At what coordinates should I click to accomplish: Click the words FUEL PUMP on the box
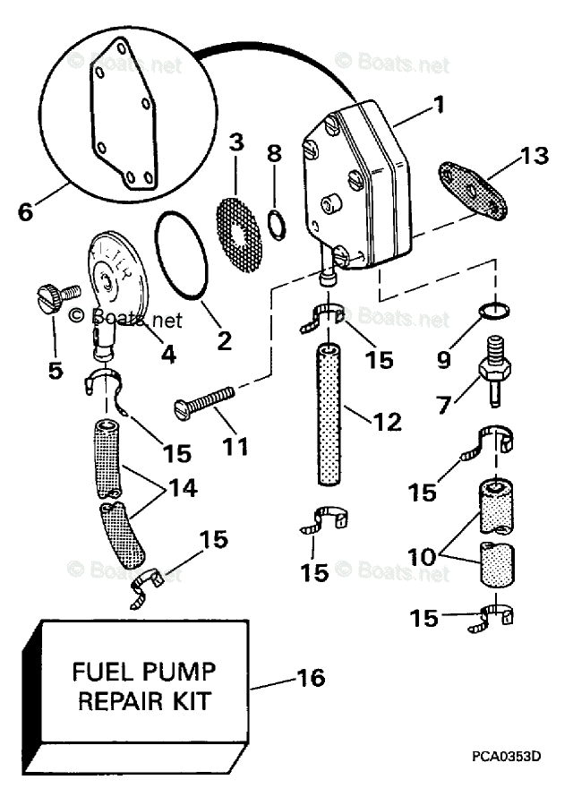(144, 671)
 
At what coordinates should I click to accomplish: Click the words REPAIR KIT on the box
(144, 699)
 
